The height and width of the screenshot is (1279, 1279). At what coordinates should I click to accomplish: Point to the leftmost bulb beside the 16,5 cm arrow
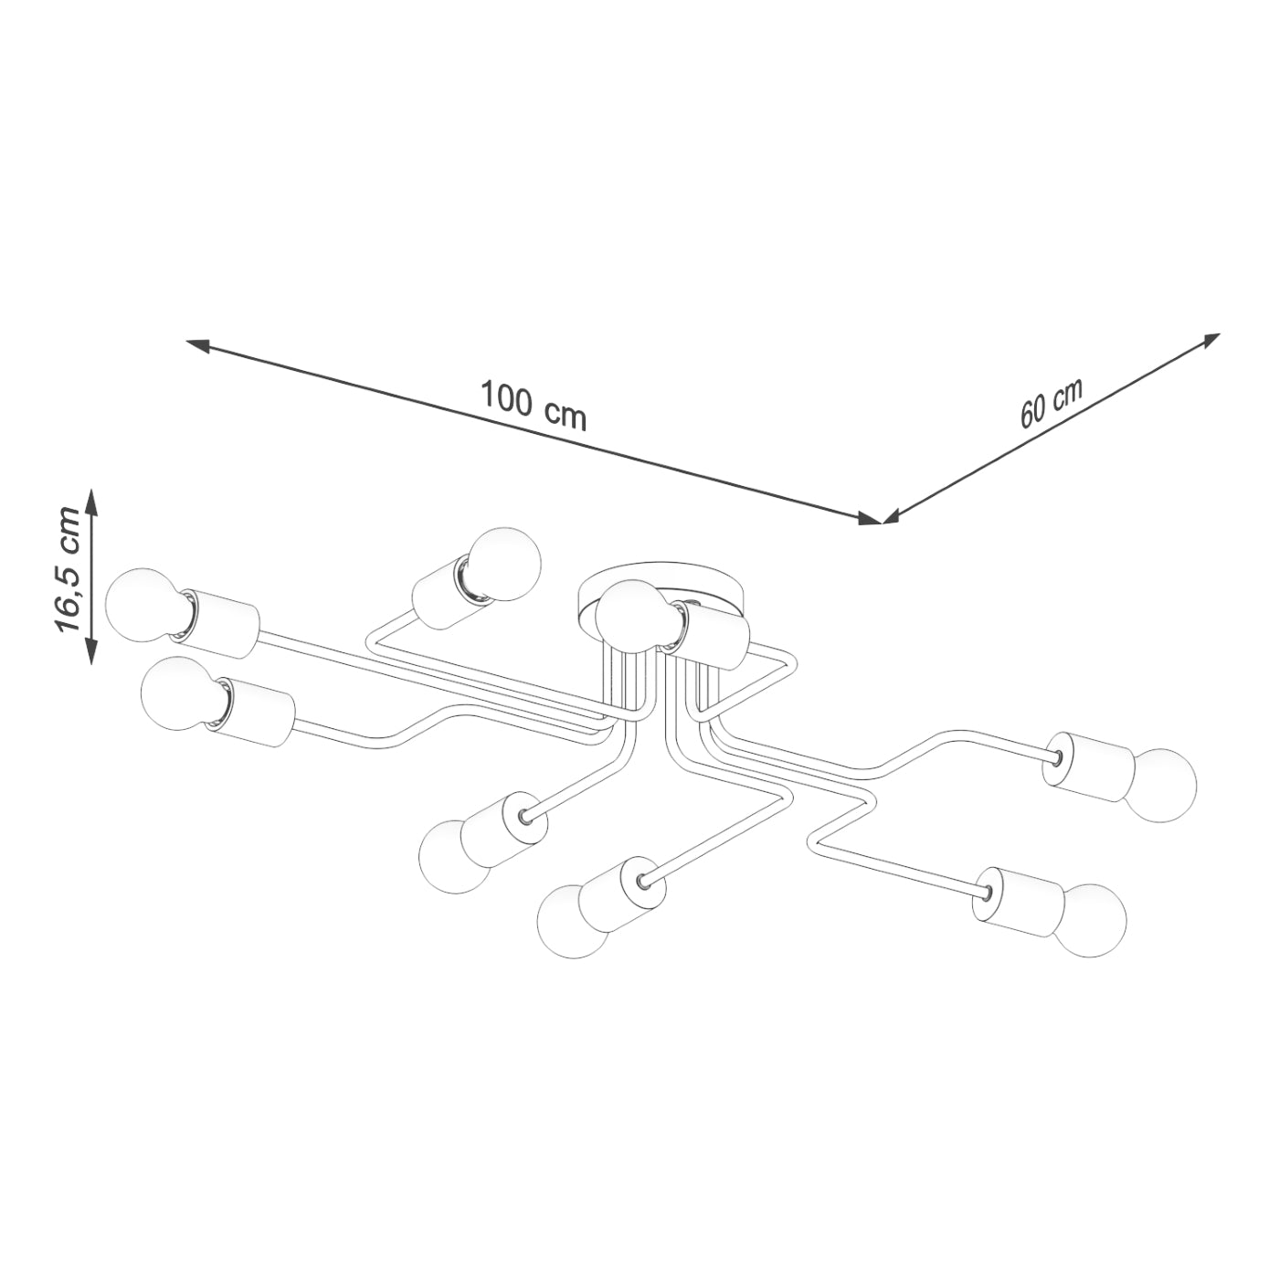tap(142, 605)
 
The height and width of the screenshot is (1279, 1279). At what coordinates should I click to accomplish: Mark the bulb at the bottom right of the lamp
tap(1093, 919)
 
